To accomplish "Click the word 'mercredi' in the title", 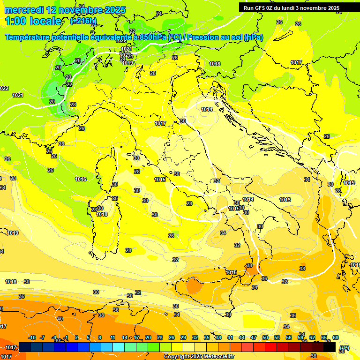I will click(24, 10).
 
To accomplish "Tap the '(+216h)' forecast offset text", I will click(83, 21).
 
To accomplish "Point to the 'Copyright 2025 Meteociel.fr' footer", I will click(199, 356).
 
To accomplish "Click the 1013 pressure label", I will click(285, 200).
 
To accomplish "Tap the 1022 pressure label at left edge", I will click(4, 88).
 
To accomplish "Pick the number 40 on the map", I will click(60, 319).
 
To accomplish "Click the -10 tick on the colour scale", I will click(32, 337).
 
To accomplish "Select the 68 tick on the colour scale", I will click(336, 337).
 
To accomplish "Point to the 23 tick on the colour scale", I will click(160, 337).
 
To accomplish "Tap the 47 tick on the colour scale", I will click(254, 337).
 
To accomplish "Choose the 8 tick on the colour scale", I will click(100, 337).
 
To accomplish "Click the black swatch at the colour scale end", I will click(330, 347).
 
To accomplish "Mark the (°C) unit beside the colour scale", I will click(344, 347).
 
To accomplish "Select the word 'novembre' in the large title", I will click(78, 10).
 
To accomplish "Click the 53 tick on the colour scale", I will click(277, 337).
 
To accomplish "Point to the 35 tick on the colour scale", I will click(207, 337).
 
